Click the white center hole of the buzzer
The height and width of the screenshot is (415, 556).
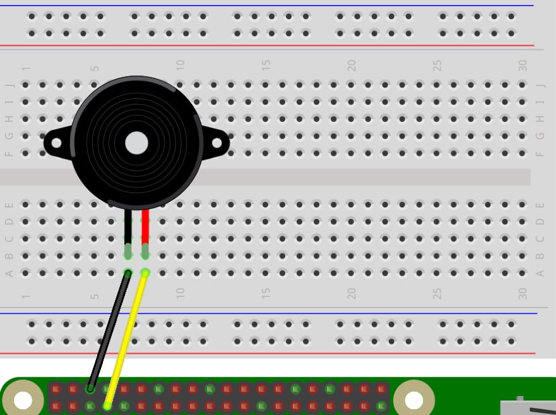[x=136, y=143]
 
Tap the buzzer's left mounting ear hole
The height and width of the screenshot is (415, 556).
[x=56, y=143]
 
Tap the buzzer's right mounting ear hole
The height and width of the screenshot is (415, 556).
[x=217, y=143]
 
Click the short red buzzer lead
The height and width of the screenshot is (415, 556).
[x=145, y=227]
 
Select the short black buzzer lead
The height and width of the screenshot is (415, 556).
[x=128, y=227]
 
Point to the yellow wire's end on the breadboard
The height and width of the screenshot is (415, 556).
[x=145, y=273]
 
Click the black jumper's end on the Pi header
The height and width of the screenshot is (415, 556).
[x=90, y=389]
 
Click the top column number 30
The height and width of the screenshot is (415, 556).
[x=523, y=64]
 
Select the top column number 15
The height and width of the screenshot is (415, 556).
[x=266, y=64]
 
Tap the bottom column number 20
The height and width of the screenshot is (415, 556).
[x=352, y=293]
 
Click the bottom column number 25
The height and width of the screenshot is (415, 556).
[x=437, y=293]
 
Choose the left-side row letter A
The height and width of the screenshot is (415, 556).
[x=9, y=273]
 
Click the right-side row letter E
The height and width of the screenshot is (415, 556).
[x=540, y=204]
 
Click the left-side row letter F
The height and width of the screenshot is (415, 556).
[x=9, y=153]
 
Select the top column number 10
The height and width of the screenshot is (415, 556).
[x=180, y=64]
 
